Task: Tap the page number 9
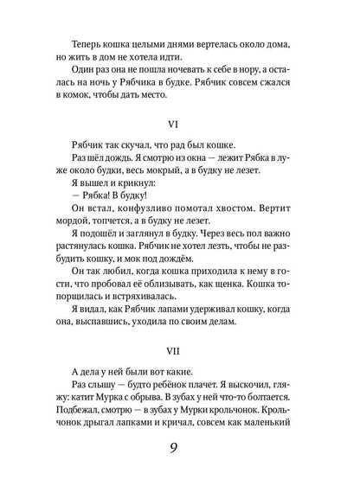[180, 449]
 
